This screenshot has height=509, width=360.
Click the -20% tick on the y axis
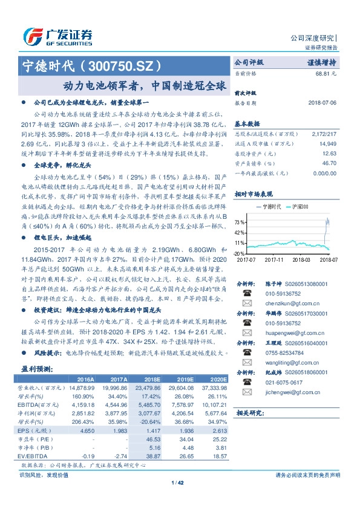point(239,253)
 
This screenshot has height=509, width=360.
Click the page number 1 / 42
point(180,482)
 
